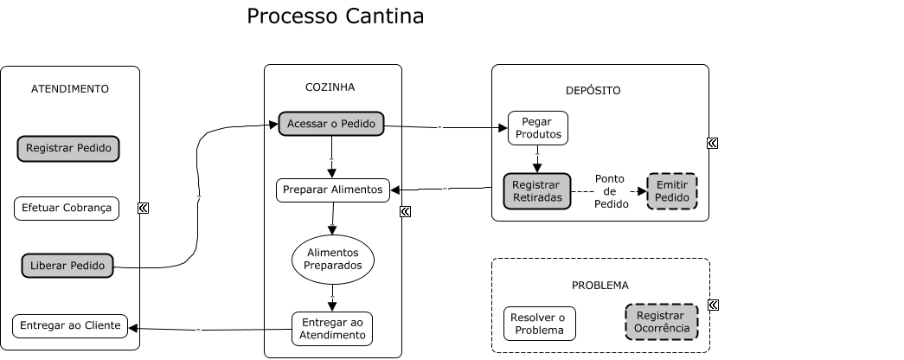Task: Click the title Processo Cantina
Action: [x=335, y=16]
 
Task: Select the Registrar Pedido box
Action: [x=68, y=148]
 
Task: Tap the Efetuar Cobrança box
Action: [x=67, y=209]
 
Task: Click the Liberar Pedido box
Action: [x=67, y=265]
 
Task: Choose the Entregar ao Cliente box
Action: [x=69, y=326]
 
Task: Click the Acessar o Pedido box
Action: [x=330, y=124]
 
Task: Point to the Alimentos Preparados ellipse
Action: [x=333, y=259]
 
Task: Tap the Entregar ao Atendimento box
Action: [x=332, y=329]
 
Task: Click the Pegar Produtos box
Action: [x=537, y=128]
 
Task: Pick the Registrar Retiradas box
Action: [x=536, y=191]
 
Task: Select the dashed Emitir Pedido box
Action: [x=672, y=191]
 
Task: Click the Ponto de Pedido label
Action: [x=610, y=191]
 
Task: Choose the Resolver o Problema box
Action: [x=539, y=324]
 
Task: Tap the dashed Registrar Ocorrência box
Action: [x=661, y=322]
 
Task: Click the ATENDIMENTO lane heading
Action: [x=70, y=88]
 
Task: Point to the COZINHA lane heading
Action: [x=330, y=87]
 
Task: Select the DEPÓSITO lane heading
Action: [x=593, y=90]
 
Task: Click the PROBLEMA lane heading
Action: [x=599, y=285]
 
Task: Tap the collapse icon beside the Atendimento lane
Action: [x=143, y=208]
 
